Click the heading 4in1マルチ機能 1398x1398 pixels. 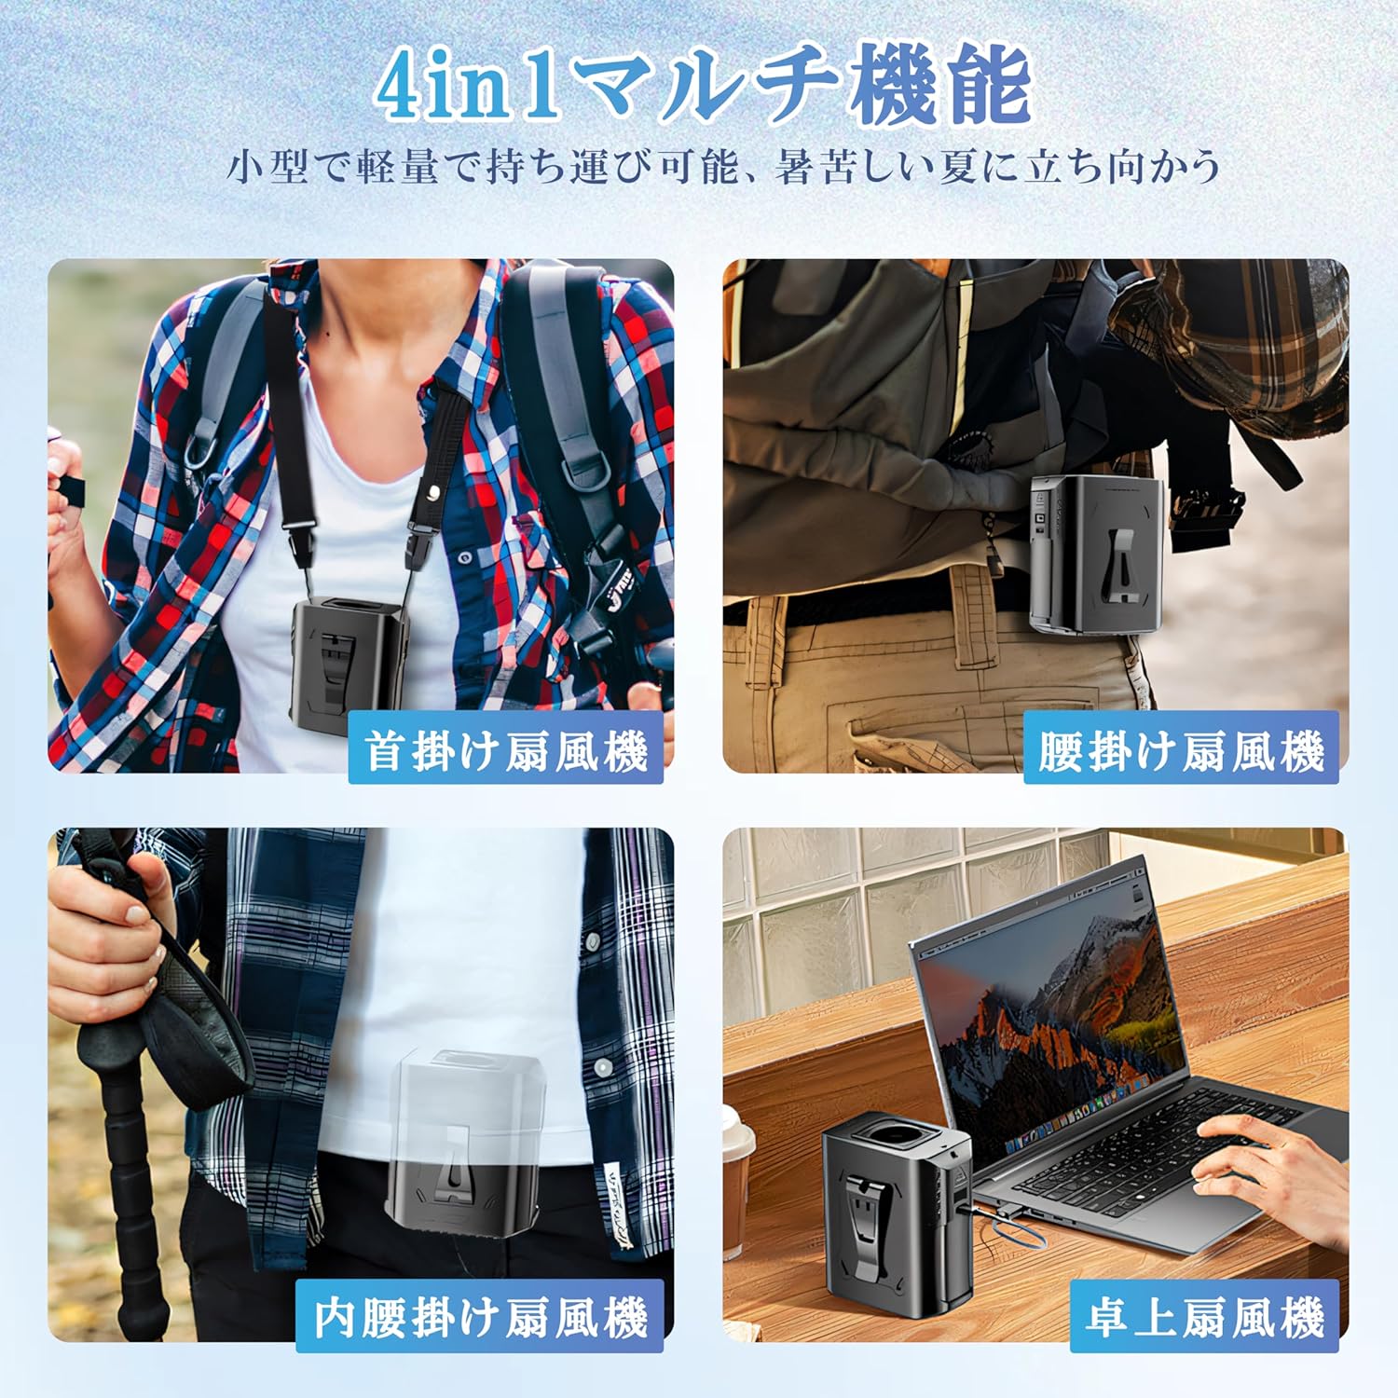704,86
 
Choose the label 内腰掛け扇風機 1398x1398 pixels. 480,1318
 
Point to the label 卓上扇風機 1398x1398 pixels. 1204,1318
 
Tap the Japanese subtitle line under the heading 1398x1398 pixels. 723,168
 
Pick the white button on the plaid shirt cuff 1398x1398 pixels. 603,1065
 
